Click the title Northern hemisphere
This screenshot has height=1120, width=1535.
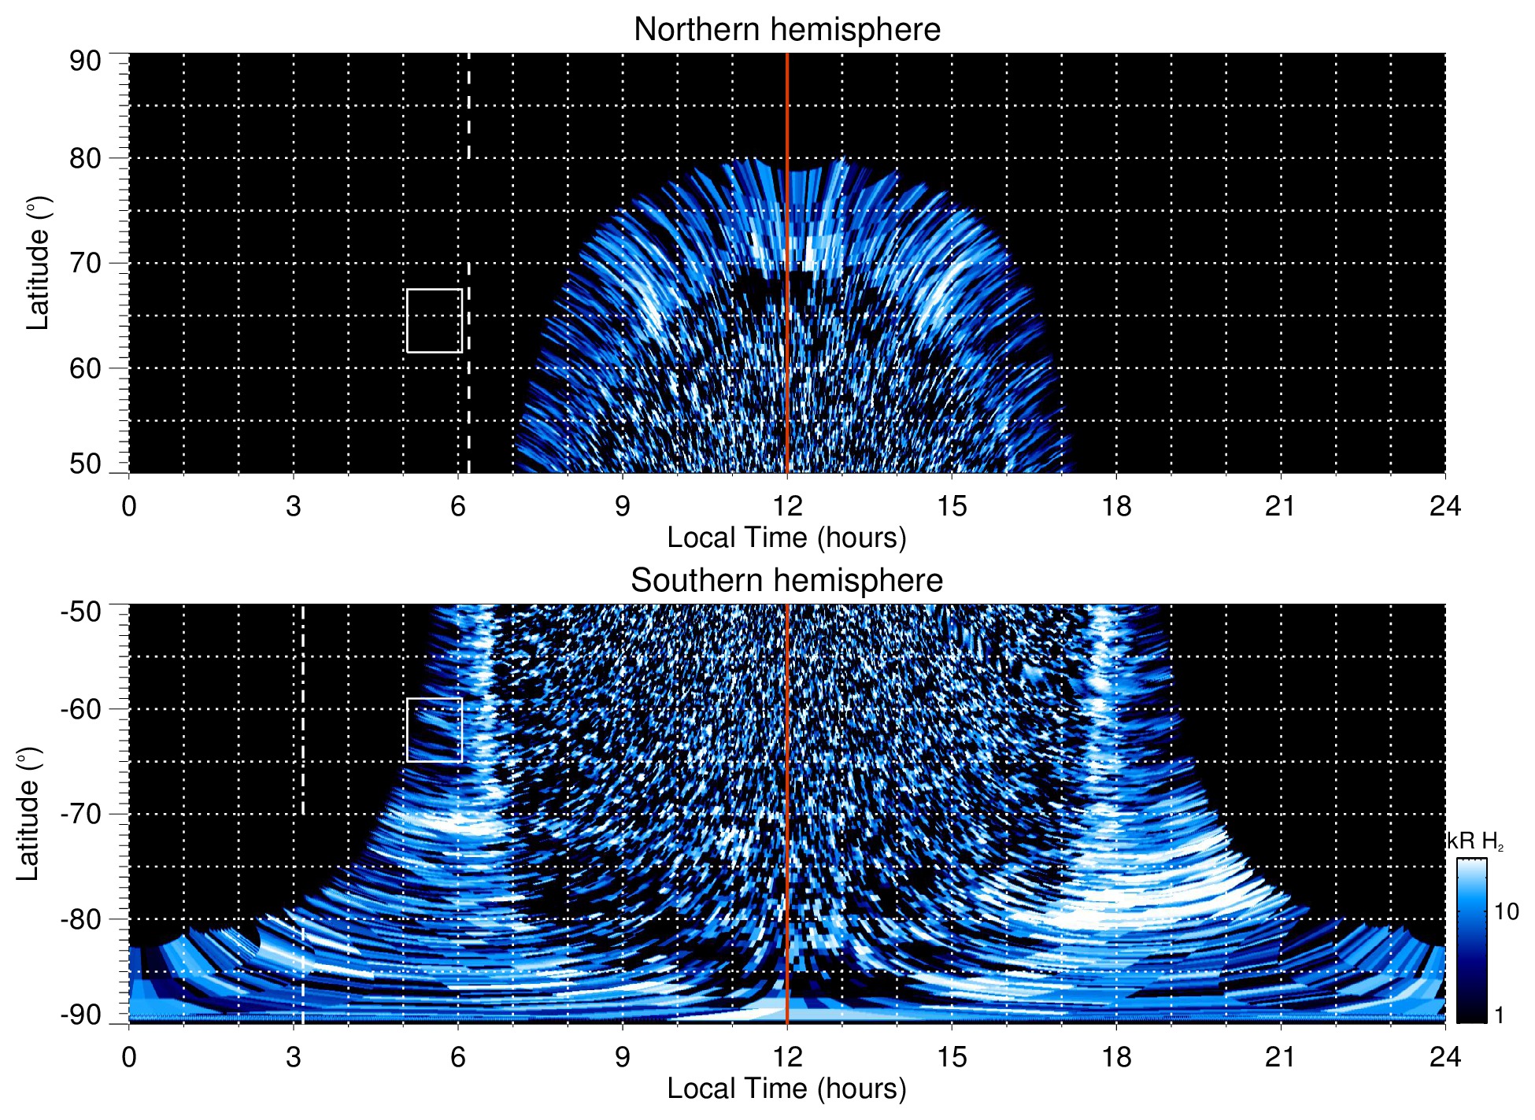click(x=786, y=30)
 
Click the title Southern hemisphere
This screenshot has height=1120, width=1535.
click(x=786, y=581)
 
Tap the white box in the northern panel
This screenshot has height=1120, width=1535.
click(x=434, y=320)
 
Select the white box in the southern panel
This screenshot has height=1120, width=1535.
click(x=434, y=730)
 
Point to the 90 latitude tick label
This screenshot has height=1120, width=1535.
click(x=85, y=61)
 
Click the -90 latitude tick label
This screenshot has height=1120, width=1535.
click(x=81, y=1015)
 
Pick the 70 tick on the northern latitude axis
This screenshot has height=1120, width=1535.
click(x=85, y=263)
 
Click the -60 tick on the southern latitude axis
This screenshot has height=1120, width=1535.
click(x=81, y=709)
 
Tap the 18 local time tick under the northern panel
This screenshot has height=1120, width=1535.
click(x=1116, y=506)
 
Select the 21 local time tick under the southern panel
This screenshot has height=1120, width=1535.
click(x=1281, y=1057)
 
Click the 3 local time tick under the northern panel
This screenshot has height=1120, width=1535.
click(x=294, y=506)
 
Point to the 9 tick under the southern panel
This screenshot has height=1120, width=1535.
click(x=623, y=1057)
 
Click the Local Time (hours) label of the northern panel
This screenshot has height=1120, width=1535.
click(x=786, y=538)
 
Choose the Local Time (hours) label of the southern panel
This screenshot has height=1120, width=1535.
click(x=786, y=1089)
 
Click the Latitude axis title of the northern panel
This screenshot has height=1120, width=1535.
click(x=37, y=263)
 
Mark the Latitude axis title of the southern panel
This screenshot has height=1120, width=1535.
click(x=28, y=814)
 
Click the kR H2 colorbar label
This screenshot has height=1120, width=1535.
click(x=1475, y=842)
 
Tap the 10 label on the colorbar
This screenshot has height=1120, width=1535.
click(x=1506, y=912)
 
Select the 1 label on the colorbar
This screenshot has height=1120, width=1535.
click(x=1499, y=1015)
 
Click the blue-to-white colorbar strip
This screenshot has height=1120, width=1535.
click(x=1470, y=941)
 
